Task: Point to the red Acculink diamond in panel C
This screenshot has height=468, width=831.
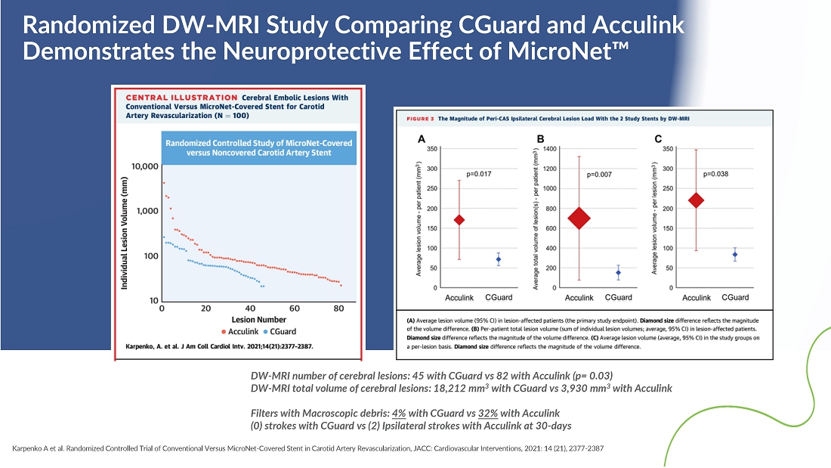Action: click(x=696, y=200)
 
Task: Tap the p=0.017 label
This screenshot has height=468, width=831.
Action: click(x=479, y=174)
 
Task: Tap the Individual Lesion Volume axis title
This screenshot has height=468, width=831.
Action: click(x=125, y=231)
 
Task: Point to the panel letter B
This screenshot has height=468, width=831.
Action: click(x=540, y=139)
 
